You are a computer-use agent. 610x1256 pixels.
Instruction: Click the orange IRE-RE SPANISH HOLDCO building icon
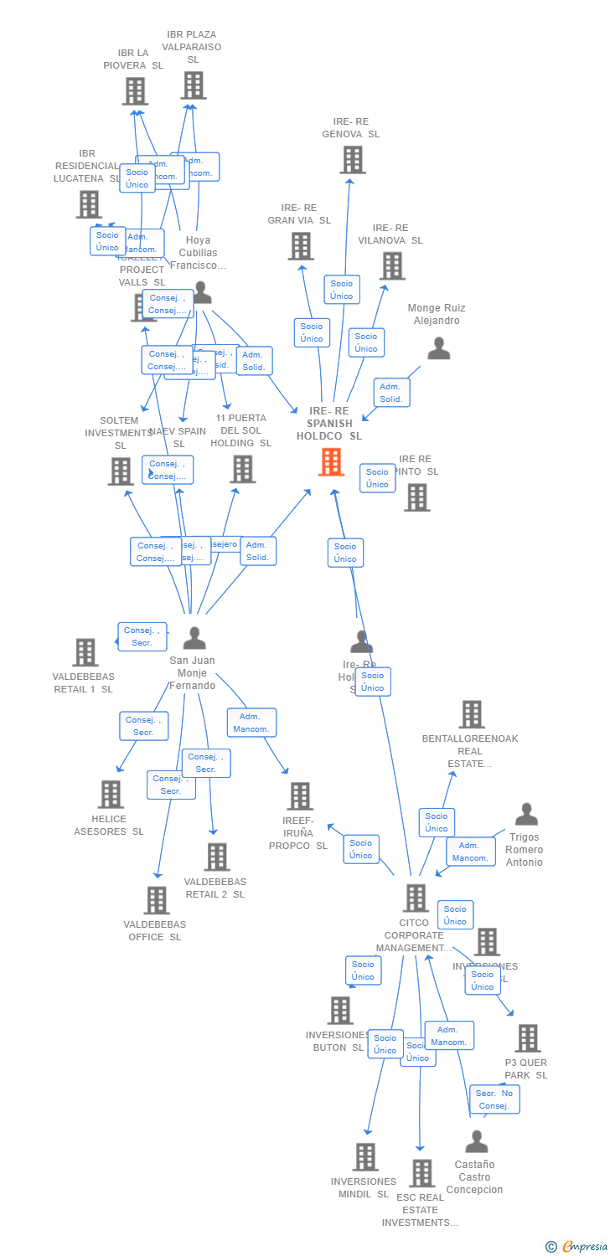pyautogui.click(x=332, y=461)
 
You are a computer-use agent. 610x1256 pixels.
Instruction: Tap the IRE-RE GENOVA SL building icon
pyautogui.click(x=353, y=159)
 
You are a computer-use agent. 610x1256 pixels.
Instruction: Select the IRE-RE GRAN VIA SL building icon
pyautogui.click(x=301, y=245)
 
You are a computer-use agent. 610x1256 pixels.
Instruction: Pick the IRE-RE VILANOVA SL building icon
pyautogui.click(x=391, y=265)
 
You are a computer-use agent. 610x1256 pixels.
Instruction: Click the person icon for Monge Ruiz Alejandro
pyautogui.click(x=438, y=348)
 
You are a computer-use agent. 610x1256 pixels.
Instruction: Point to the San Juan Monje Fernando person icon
pyautogui.click(x=194, y=638)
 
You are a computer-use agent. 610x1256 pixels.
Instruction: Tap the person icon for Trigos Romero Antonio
pyautogui.click(x=526, y=814)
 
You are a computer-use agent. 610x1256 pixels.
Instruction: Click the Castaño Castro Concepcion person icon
pyautogui.click(x=476, y=1141)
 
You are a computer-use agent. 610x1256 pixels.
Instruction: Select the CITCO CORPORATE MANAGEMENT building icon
pyautogui.click(x=416, y=898)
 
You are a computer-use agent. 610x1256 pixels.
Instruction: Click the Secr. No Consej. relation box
pyautogui.click(x=494, y=1099)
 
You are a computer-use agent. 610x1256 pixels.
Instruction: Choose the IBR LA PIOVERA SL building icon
pyautogui.click(x=135, y=90)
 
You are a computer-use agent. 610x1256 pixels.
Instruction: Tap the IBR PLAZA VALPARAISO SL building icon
pyautogui.click(x=194, y=85)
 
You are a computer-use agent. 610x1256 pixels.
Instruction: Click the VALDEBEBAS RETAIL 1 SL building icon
pyautogui.click(x=85, y=651)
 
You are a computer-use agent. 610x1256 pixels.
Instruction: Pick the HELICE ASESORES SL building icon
pyautogui.click(x=111, y=794)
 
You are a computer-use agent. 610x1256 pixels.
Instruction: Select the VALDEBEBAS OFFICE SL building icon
pyautogui.click(x=157, y=900)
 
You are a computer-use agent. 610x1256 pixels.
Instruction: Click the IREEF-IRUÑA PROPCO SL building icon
pyautogui.click(x=301, y=795)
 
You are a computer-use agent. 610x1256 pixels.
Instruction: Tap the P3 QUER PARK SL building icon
pyautogui.click(x=527, y=1038)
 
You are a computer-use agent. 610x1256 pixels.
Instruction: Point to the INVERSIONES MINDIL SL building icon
pyautogui.click(x=365, y=1156)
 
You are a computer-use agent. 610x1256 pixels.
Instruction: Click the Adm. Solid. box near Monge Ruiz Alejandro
pyautogui.click(x=390, y=393)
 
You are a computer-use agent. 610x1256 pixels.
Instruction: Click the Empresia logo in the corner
pyautogui.click(x=577, y=1247)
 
